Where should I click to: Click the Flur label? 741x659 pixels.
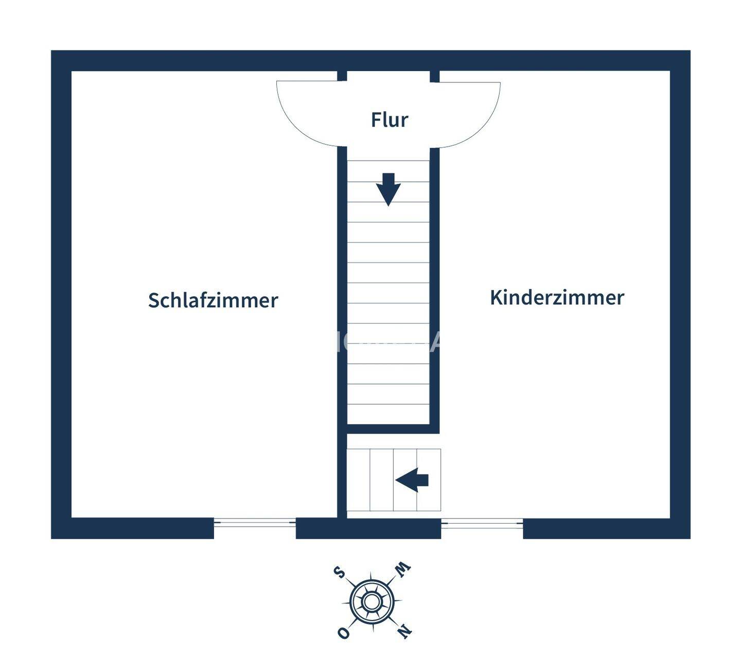click(390, 119)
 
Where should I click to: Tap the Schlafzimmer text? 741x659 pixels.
click(213, 300)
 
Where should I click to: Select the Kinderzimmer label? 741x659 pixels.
click(557, 298)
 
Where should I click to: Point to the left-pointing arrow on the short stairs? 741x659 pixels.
click(412, 480)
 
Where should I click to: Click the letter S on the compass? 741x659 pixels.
click(339, 571)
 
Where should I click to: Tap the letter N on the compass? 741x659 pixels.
click(404, 630)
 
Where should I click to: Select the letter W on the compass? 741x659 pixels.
click(402, 568)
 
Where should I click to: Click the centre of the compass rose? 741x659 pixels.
click(372, 601)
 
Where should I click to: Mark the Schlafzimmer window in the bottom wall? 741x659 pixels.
click(255, 523)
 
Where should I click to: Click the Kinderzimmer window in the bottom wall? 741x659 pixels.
click(482, 523)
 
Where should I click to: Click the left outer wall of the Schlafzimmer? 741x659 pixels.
click(61, 293)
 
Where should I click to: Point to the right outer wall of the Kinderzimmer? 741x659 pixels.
click(680, 293)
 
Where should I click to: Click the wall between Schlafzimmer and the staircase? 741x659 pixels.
click(342, 309)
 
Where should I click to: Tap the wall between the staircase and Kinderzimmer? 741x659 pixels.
click(434, 288)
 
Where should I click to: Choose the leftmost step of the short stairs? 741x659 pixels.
click(359, 480)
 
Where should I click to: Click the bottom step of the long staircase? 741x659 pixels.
click(388, 414)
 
